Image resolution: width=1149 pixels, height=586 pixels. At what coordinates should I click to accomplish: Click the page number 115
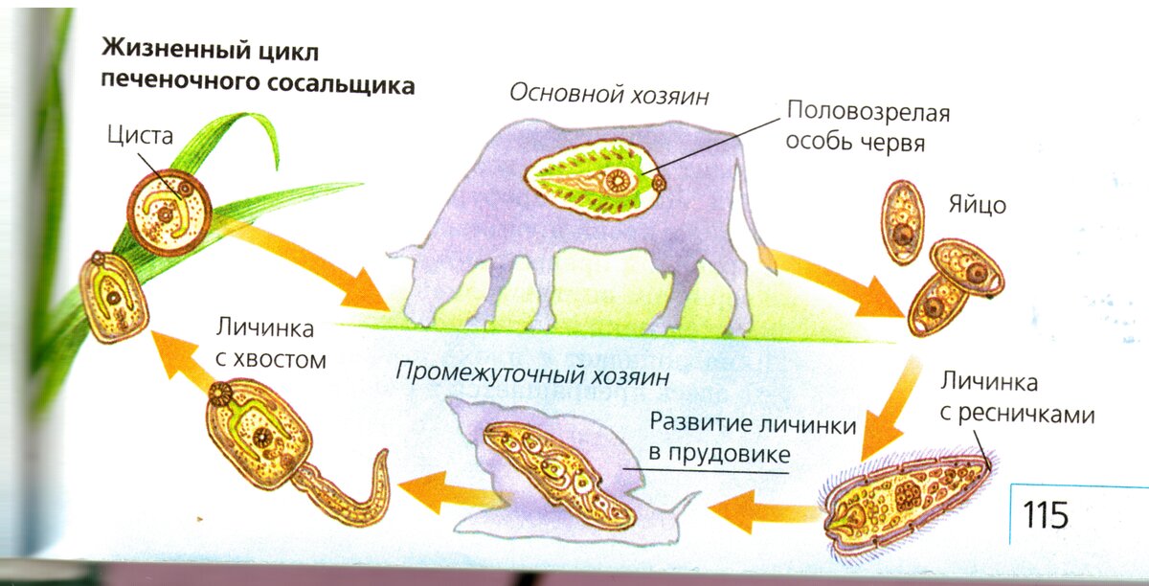pos(1045,515)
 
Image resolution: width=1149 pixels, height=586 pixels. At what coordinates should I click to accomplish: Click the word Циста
pos(140,137)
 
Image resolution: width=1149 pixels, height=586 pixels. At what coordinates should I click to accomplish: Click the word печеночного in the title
pos(162,84)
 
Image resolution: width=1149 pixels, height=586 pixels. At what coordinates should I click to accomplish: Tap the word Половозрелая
pos(867,112)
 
